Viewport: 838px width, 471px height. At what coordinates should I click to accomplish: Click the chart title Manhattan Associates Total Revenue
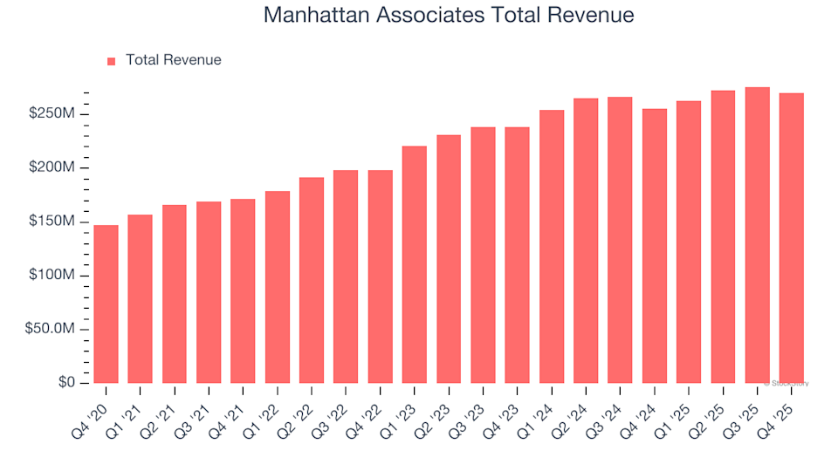tap(448, 16)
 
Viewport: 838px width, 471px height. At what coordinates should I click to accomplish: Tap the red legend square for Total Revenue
tap(111, 61)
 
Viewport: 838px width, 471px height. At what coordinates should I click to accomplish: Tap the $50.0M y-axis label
tap(56, 330)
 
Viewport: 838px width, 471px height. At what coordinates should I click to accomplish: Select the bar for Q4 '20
tap(106, 304)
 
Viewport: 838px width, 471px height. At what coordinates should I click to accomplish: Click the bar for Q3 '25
tap(757, 235)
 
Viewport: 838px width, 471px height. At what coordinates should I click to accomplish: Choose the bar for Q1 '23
tap(415, 265)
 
